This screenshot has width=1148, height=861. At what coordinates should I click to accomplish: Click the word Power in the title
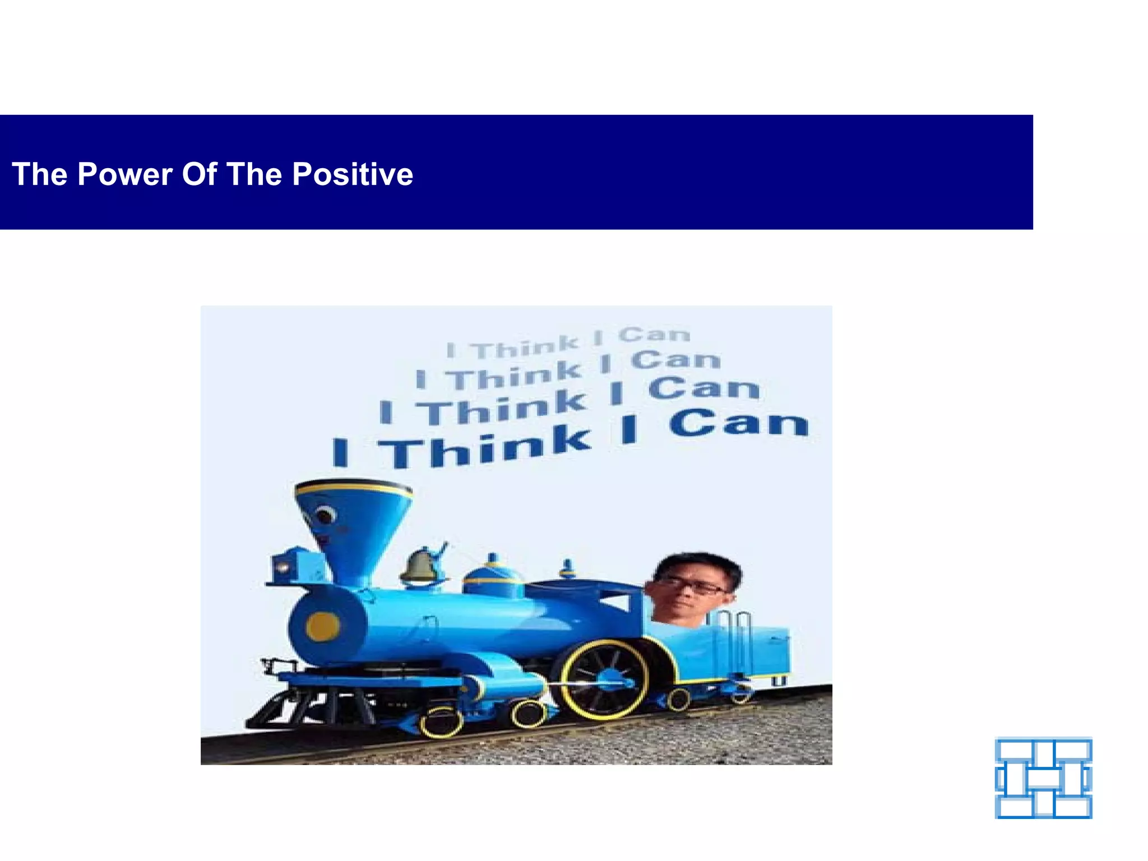click(124, 174)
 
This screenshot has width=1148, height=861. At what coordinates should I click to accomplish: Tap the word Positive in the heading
click(353, 174)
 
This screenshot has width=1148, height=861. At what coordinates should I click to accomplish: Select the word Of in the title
click(199, 174)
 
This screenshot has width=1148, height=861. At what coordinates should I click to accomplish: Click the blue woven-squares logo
click(1043, 778)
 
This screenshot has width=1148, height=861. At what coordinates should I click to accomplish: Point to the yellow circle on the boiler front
click(322, 626)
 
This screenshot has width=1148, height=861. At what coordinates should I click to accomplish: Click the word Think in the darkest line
click(485, 448)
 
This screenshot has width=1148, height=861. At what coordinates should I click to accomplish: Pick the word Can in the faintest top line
click(654, 335)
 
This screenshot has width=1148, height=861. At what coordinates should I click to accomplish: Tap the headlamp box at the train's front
click(290, 566)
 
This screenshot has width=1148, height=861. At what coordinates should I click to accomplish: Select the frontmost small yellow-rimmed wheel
click(441, 723)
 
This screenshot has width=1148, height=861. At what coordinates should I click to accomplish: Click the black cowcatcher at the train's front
click(291, 709)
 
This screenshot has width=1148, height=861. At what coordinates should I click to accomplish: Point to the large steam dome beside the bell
click(493, 577)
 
